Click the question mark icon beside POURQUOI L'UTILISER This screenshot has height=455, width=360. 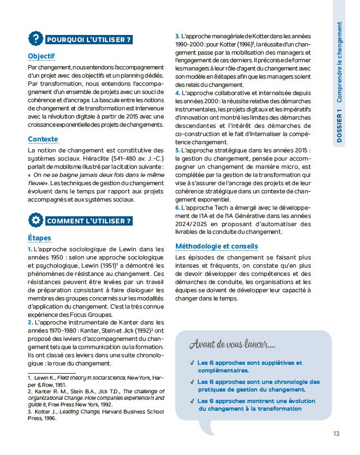pyautogui.click(x=36, y=39)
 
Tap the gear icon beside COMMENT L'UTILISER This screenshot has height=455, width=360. pyautogui.click(x=36, y=221)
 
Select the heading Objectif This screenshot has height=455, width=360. pyautogui.click(x=42, y=56)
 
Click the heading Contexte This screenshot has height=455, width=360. pyautogui.click(x=43, y=139)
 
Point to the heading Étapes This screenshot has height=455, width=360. pyautogui.click(x=40, y=238)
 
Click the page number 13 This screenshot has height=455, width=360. pyautogui.click(x=336, y=434)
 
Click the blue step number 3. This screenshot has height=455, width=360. pyautogui.click(x=177, y=36)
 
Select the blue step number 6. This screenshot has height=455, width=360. pyautogui.click(x=177, y=208)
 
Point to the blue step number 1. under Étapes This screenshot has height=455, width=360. pyautogui.click(x=30, y=249)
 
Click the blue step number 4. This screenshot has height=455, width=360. pyautogui.click(x=177, y=93)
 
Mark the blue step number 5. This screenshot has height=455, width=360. pyautogui.click(x=177, y=150)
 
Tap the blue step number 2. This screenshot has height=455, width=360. pyautogui.click(x=30, y=322)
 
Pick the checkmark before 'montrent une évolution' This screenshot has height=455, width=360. pyautogui.click(x=192, y=401)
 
